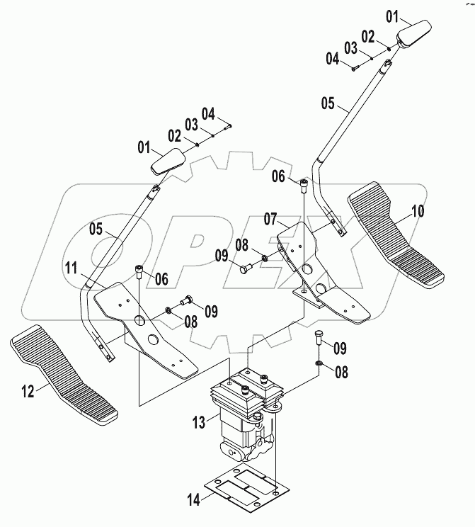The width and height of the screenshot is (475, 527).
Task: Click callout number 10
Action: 418,212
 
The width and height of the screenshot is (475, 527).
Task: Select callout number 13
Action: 200,422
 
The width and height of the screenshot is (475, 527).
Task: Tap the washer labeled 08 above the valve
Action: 319,364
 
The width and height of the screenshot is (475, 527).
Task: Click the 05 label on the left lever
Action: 97,229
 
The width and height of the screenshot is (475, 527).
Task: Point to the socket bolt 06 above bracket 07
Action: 304,185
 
